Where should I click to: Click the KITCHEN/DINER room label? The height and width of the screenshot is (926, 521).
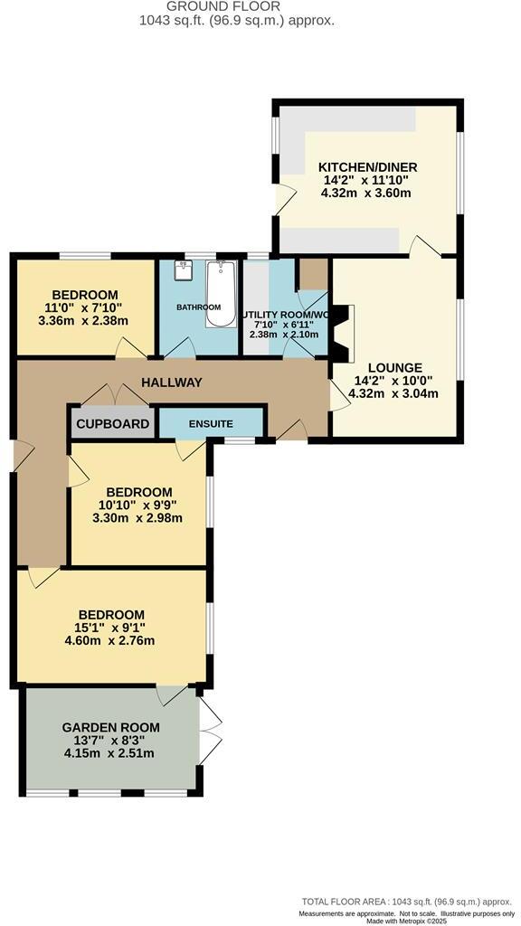pos(366,167)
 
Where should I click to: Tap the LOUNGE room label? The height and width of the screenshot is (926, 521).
pos(402,367)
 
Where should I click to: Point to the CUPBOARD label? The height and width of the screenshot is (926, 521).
pos(112,424)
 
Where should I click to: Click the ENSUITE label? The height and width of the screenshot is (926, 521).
pos(211,424)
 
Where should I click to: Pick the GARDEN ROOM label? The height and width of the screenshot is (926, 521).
pos(110,727)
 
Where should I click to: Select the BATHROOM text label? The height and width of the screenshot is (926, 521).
pos(198,307)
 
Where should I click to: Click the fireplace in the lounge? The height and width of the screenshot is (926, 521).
pos(342,331)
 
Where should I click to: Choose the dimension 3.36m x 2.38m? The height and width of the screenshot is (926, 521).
pos(84,320)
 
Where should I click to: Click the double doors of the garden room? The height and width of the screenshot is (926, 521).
pos(210,731)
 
